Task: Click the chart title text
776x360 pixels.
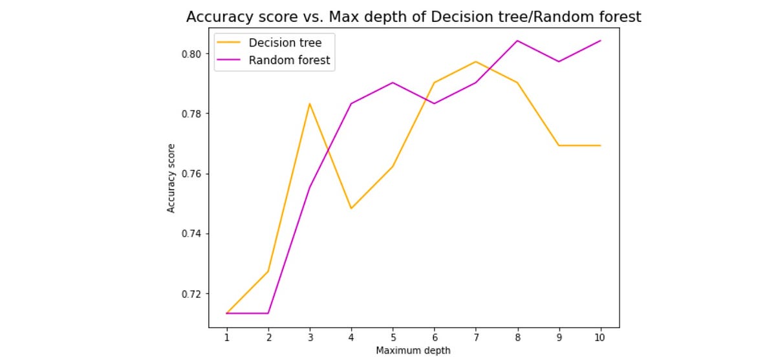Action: [x=413, y=17]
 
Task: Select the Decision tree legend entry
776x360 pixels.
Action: [x=285, y=43]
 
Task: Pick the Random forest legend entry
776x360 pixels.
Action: [x=289, y=61]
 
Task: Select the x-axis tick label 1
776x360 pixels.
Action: [x=227, y=337]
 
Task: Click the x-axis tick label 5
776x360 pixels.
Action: [x=393, y=337]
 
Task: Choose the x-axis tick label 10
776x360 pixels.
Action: [x=600, y=337]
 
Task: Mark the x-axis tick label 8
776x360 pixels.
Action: [x=517, y=337]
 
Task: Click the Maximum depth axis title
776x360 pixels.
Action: [x=413, y=350]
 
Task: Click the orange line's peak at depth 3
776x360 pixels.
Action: [x=310, y=103]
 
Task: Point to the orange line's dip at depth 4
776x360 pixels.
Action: [x=351, y=208]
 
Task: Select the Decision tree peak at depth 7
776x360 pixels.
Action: [x=476, y=61]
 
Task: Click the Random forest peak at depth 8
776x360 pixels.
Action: [x=517, y=41]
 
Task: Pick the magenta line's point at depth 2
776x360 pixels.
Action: [x=268, y=313]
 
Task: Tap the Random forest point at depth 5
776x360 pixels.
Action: [x=393, y=83]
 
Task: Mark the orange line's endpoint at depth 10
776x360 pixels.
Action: [x=600, y=145]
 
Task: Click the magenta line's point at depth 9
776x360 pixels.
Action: [x=559, y=61]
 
